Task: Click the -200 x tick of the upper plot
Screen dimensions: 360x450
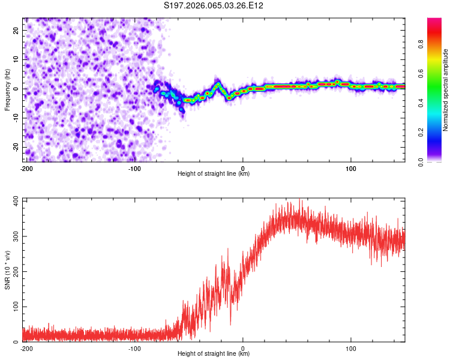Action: [x=26, y=167]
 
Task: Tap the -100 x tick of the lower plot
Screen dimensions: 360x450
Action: [x=134, y=348]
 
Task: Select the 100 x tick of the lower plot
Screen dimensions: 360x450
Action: [x=352, y=348]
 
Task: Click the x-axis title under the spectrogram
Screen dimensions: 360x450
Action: [x=214, y=174]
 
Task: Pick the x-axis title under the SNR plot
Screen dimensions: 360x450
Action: [x=214, y=354]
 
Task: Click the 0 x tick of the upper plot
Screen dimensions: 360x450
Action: [x=243, y=167]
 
